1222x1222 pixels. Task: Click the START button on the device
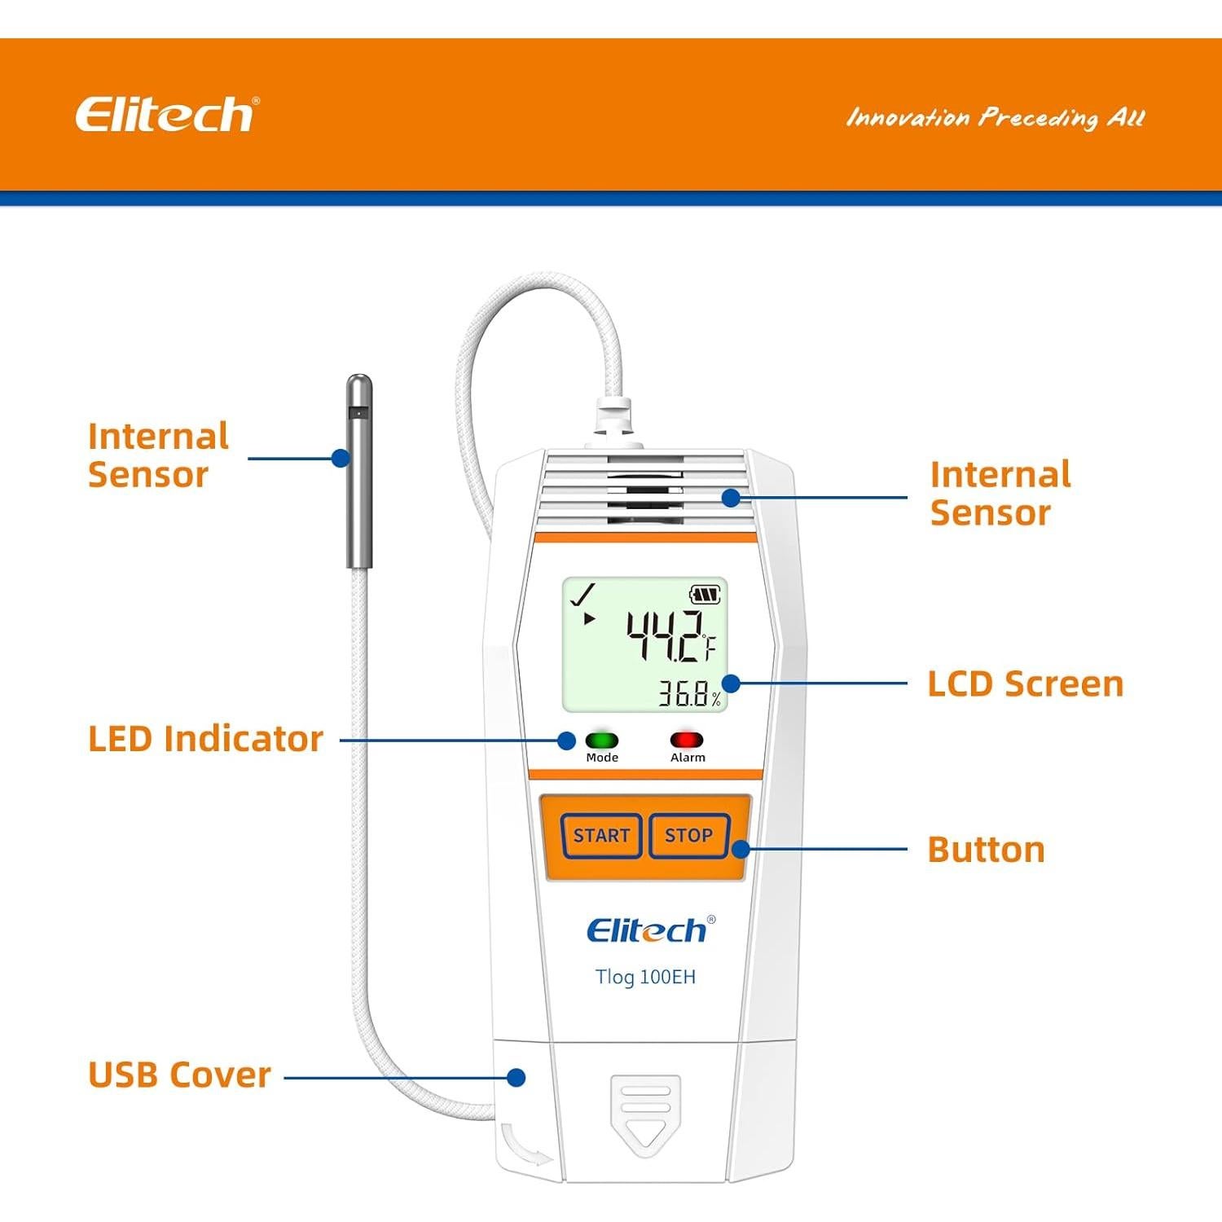[601, 835]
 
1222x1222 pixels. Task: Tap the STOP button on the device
[688, 835]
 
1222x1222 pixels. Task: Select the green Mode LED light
[602, 741]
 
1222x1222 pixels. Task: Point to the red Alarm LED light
[687, 741]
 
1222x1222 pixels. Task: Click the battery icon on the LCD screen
[705, 595]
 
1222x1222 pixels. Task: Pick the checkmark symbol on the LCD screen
[583, 594]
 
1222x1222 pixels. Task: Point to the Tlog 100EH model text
[645, 977]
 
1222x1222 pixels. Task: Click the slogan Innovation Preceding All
[996, 118]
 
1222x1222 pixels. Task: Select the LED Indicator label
[205, 739]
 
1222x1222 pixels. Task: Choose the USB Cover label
[179, 1075]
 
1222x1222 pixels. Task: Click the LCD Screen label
[1025, 684]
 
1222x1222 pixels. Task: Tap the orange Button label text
[986, 850]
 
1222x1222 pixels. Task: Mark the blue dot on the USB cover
[516, 1077]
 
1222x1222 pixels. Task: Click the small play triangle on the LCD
[588, 619]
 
